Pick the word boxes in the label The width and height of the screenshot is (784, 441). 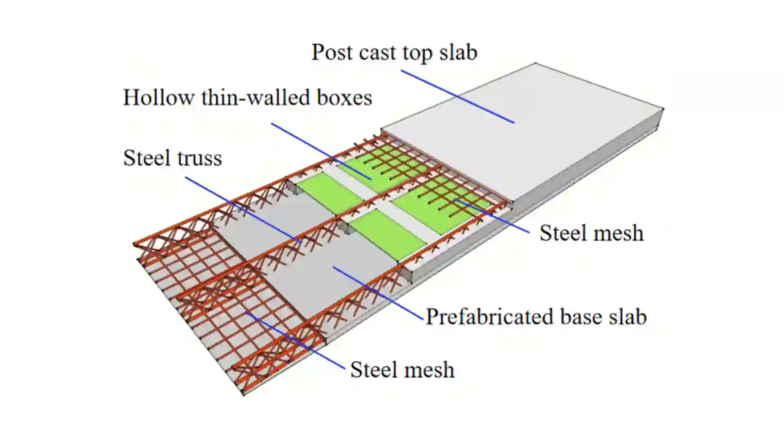(x=344, y=98)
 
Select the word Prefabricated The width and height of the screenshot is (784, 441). (x=490, y=317)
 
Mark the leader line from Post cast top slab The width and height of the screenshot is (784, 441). (x=457, y=96)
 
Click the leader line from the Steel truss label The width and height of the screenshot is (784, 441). (x=243, y=210)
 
